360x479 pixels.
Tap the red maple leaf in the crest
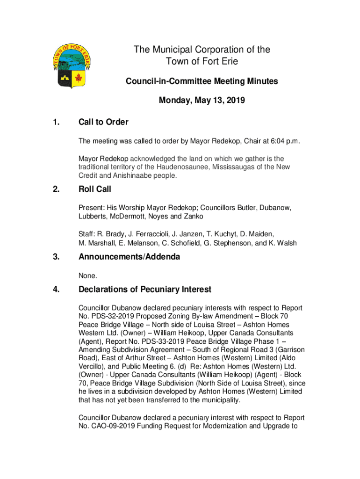(x=78, y=77)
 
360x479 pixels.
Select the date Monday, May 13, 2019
(x=202, y=100)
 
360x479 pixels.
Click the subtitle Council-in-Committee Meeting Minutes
(x=202, y=81)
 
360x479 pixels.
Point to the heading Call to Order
(x=103, y=123)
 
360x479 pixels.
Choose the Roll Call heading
(x=95, y=189)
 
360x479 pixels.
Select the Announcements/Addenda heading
(x=129, y=257)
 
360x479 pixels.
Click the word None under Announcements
(x=87, y=276)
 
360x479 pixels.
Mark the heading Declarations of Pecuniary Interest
(x=145, y=290)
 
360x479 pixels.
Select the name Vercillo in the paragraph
(x=92, y=367)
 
